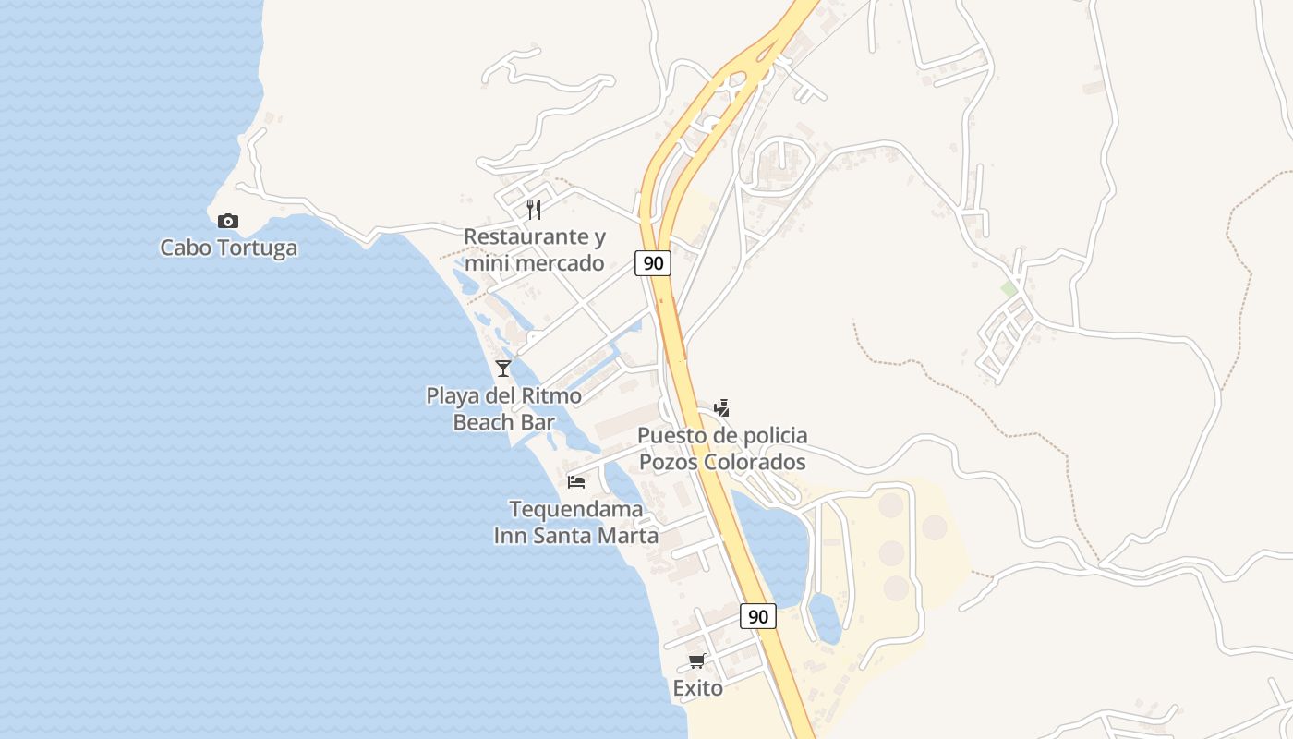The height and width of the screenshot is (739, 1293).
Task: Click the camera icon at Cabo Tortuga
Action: coord(228,221)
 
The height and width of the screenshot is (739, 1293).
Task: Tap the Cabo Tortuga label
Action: coord(229,248)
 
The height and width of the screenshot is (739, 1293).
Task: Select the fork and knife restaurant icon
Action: coord(534,210)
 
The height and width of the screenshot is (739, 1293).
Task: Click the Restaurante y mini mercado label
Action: coord(534,250)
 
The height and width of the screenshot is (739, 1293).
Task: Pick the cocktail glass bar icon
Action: coord(503,369)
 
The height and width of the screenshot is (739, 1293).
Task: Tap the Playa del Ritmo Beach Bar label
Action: coord(503,409)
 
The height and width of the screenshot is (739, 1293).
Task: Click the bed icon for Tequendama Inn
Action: coord(576,481)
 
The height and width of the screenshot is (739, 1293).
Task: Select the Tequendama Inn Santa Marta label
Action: coord(576,522)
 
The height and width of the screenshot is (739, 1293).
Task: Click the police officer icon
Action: coord(722,407)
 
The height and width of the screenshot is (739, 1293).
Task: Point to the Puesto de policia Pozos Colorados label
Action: coord(722,448)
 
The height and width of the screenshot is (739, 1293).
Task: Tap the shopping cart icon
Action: coord(697,660)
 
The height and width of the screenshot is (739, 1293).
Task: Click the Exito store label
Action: coord(697,688)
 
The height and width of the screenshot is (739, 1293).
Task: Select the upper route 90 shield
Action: coord(653,263)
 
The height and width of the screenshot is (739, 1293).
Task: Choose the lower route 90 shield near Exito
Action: coord(758,616)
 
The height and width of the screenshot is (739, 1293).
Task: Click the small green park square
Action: coord(1009,289)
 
